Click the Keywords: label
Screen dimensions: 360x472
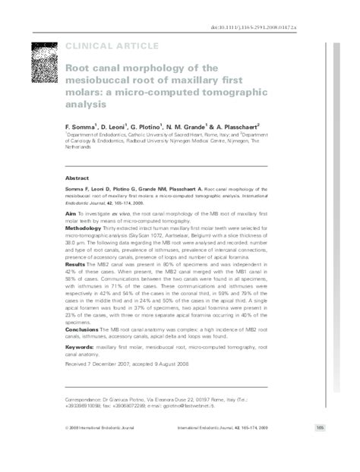pos(81,348)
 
